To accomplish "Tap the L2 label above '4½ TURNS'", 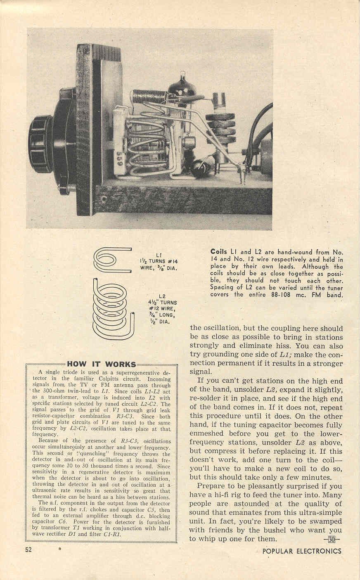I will (x=162, y=296).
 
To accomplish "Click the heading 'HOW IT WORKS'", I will (x=101, y=364).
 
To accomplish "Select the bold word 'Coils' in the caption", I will (x=218, y=251).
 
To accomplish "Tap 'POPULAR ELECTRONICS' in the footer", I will (x=302, y=551).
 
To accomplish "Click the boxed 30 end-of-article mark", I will (x=332, y=539).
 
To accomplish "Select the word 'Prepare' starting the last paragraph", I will (x=212, y=486).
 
